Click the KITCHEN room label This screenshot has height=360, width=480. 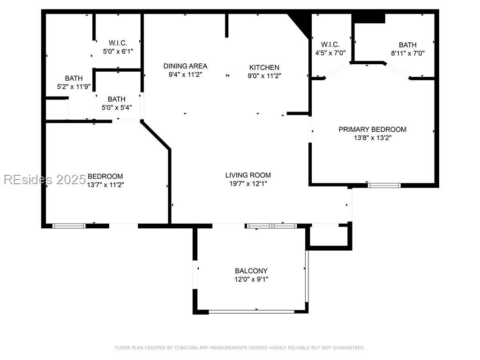pos(264,67)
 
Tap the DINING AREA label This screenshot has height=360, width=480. pos(185,66)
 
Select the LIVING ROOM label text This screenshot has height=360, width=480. pos(248,175)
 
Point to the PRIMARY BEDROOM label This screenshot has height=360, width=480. pos(372,129)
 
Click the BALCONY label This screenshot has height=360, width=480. pos(251,271)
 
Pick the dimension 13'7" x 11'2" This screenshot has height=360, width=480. pos(105,185)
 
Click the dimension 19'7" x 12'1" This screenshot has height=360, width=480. pos(248,184)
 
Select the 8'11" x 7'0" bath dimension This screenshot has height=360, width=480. pos(407,53)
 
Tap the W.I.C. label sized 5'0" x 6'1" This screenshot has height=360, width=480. pos(118,43)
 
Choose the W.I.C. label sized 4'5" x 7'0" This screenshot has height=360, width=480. pos(330,45)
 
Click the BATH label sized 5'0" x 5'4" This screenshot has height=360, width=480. pos(117,99)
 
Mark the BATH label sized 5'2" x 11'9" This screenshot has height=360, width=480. pos(74,78)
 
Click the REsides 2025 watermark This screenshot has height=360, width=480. pos(45,180)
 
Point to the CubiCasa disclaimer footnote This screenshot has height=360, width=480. pos(240,348)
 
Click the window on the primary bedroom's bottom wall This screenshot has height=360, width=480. pos(384,185)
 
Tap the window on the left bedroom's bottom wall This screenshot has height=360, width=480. pos(69,226)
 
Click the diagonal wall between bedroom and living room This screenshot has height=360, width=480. pos(156,135)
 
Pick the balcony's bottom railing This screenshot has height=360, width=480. pos(251,311)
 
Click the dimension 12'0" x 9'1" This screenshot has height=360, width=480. pos(251,279)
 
